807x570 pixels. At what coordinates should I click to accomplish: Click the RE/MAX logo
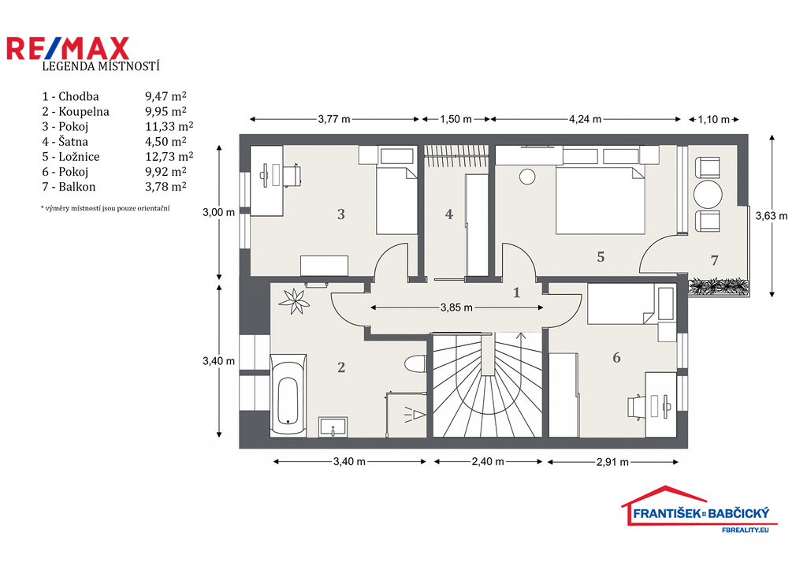[x=68, y=48]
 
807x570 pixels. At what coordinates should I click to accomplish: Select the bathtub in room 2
[x=288, y=396]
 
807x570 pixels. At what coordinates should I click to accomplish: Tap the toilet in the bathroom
[x=415, y=364]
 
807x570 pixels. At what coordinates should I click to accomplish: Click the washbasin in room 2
[x=333, y=427]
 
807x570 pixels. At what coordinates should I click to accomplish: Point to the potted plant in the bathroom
[x=294, y=301]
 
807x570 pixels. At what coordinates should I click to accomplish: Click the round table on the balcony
[x=708, y=194]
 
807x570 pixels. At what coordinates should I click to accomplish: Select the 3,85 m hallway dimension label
[x=456, y=308]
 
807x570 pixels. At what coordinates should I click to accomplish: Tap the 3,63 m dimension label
[x=772, y=216]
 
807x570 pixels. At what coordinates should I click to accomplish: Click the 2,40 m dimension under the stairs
[x=488, y=462]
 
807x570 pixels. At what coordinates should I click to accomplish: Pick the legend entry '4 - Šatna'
[x=65, y=142]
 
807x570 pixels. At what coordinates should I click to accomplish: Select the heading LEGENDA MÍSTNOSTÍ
[x=101, y=66]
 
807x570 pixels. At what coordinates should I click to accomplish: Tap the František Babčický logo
[x=700, y=509]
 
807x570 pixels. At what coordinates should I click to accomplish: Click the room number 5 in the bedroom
[x=601, y=257]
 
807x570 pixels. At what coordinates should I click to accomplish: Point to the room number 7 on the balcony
[x=714, y=260]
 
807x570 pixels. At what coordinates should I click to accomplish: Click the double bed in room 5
[x=600, y=199]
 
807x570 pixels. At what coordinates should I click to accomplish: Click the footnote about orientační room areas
[x=105, y=209]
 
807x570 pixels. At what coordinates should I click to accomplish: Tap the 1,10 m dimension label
[x=714, y=120]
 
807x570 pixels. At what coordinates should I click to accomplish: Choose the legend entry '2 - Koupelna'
[x=76, y=112]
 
